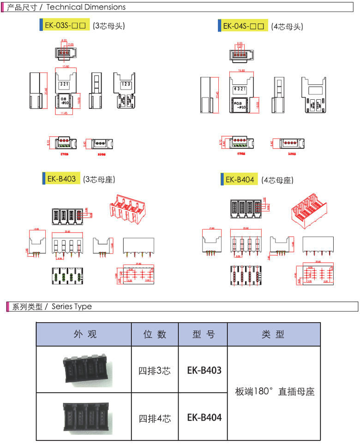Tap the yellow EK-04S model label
245,26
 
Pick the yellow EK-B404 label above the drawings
240,180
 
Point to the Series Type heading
72,307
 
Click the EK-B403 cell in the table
204,370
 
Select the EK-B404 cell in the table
204,418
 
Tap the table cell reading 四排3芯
155,371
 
